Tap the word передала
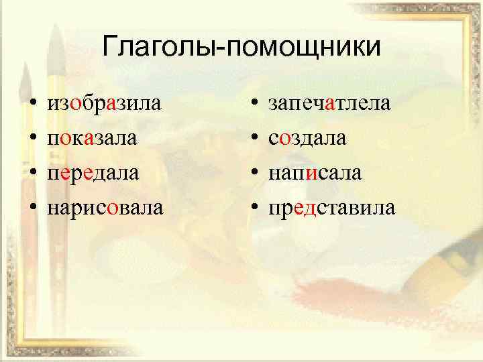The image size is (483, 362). [x=93, y=173]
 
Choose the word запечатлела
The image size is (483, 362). [x=329, y=104]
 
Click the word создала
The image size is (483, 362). [x=307, y=139]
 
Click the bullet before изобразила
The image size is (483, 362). [x=32, y=105]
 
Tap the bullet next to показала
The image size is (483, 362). [x=32, y=139]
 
